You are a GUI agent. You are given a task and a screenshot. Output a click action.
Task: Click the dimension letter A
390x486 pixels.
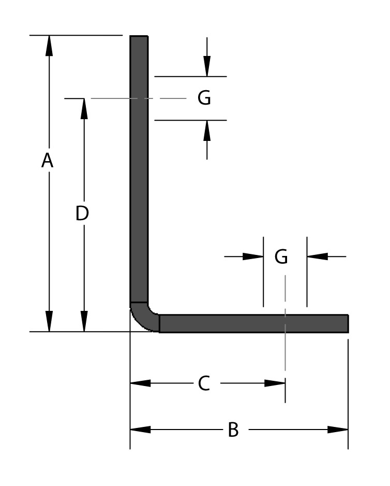tap(48, 161)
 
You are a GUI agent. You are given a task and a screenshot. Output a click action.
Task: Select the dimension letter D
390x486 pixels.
tap(82, 213)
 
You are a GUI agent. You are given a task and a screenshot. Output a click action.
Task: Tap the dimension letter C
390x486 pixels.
tap(204, 383)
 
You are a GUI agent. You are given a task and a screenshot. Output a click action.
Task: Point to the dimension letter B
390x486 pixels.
tap(233, 430)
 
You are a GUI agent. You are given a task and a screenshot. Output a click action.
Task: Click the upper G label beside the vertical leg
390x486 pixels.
tap(204, 97)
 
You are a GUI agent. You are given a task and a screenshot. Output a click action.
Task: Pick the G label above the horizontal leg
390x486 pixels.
tap(281, 256)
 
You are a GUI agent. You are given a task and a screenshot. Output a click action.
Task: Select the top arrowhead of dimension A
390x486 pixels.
tap(49, 45)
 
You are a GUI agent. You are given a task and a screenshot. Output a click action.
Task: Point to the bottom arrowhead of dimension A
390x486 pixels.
tap(49, 322)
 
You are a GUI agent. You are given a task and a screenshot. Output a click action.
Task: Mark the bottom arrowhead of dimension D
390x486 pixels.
tap(84, 322)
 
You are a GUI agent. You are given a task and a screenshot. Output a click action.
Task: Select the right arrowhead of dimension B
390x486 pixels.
tap(338, 430)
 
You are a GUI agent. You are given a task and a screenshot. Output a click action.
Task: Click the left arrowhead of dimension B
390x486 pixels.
tap(140, 430)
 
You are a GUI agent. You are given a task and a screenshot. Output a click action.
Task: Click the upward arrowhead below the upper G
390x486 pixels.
tap(207, 130)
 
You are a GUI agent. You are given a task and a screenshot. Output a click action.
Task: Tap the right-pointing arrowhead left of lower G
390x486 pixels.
tap(253, 256)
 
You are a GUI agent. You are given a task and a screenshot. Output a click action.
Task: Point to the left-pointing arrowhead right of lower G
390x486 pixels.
tap(317, 256)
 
